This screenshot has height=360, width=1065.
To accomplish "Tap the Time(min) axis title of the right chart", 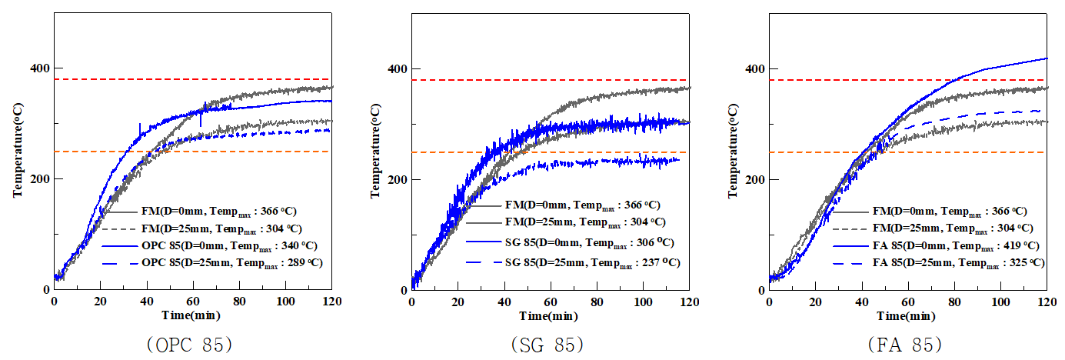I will (x=908, y=315).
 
